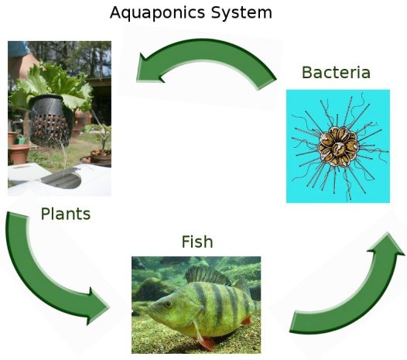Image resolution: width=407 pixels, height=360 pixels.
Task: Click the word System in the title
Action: point(241,12)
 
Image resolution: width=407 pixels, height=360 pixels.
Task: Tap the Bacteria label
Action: point(336,72)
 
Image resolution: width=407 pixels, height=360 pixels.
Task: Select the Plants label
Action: point(66,214)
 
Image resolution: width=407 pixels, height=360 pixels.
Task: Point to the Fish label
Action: point(197,242)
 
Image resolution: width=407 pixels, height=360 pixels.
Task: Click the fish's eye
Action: point(168,304)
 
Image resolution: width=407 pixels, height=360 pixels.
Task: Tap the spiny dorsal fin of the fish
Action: point(207,276)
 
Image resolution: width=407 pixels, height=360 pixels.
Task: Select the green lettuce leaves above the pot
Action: point(52,83)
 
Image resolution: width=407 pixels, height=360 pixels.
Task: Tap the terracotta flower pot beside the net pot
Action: point(19,154)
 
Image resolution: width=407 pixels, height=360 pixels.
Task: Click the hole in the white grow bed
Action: point(63,180)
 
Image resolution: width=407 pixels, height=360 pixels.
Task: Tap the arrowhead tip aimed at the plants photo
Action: point(137,81)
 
